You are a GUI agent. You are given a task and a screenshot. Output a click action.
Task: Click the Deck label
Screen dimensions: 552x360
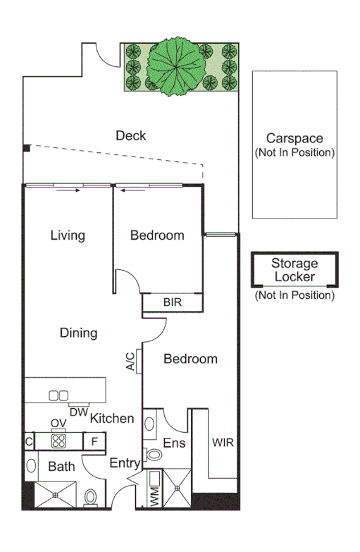click(x=131, y=135)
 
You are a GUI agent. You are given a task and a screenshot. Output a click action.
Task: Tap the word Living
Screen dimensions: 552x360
click(x=68, y=235)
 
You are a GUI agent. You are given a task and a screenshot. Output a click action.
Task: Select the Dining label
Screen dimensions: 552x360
click(x=78, y=333)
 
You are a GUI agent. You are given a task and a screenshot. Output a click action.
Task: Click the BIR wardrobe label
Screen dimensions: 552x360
click(x=173, y=302)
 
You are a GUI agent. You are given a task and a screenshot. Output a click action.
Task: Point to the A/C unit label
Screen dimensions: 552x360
click(x=130, y=362)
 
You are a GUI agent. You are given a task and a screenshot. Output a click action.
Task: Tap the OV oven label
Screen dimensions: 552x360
click(x=58, y=423)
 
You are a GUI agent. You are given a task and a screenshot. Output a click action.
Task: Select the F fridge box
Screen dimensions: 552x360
click(x=94, y=441)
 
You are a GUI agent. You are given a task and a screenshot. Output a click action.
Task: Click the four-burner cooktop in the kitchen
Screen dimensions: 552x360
click(x=58, y=441)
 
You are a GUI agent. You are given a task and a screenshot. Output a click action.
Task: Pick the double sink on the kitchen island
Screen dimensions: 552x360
click(x=58, y=395)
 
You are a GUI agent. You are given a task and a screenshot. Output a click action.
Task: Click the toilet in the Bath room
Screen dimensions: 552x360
click(x=91, y=498)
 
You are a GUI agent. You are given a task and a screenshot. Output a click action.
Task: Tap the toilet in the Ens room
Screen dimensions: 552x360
click(x=154, y=455)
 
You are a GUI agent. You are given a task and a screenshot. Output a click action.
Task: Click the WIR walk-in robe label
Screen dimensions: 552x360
click(x=223, y=443)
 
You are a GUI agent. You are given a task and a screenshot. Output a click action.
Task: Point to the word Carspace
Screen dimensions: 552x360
click(x=294, y=139)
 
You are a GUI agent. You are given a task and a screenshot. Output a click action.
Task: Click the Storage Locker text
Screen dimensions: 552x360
click(x=295, y=270)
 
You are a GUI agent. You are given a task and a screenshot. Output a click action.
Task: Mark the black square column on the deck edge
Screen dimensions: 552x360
click(x=26, y=149)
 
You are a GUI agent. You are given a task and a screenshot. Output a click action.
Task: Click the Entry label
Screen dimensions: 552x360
click(x=124, y=463)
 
